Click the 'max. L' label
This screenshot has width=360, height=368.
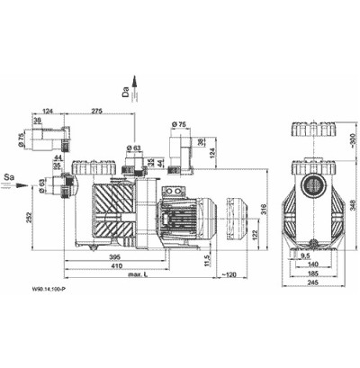tap(138, 278)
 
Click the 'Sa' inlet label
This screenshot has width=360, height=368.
tap(9, 168)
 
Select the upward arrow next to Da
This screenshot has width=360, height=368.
tap(137, 85)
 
